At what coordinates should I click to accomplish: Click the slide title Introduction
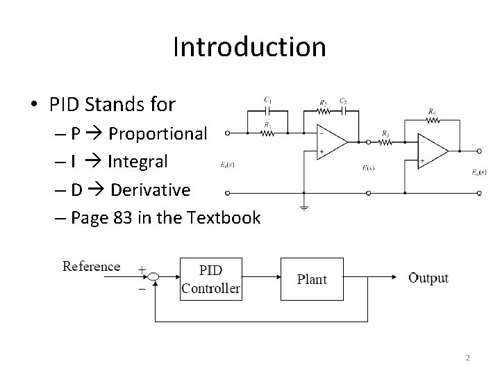[249, 47]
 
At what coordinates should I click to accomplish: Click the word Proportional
[158, 133]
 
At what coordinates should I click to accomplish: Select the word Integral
[137, 162]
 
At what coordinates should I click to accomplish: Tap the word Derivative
[151, 190]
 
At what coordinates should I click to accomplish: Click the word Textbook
[226, 218]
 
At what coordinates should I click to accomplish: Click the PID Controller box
[211, 278]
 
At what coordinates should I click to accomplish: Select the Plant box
[312, 278]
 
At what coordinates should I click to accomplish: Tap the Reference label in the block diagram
[91, 267]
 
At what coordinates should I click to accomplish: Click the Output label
[428, 278]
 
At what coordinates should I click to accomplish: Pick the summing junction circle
[154, 278]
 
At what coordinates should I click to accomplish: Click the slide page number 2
[467, 358]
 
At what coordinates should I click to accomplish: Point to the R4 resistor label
[433, 110]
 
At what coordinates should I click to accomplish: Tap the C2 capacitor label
[343, 101]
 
